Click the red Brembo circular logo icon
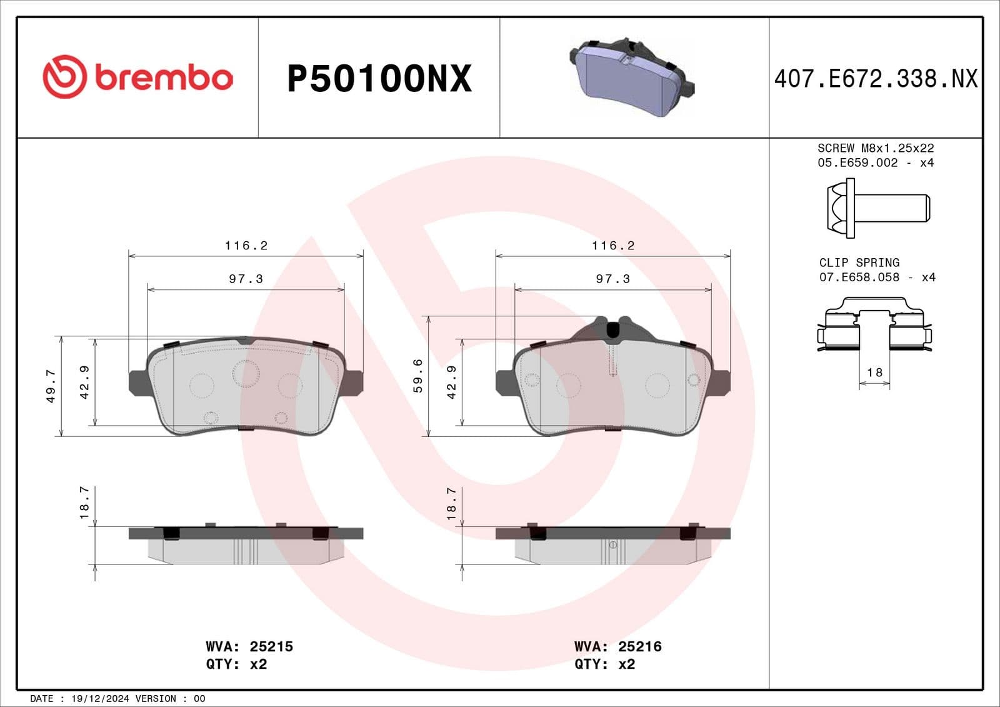[64, 77]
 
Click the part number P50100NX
[379, 79]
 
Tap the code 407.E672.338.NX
[875, 79]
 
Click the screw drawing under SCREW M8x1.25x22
[877, 208]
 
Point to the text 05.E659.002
[857, 163]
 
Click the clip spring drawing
[874, 325]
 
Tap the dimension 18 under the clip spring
[874, 373]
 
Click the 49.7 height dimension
[51, 386]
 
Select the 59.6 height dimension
[418, 375]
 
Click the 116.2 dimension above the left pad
[246, 246]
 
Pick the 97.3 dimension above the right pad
[612, 279]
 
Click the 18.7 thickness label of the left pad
[84, 503]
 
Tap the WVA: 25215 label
[249, 646]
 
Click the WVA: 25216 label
[617, 646]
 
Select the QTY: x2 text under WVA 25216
[604, 664]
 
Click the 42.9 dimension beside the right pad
[452, 382]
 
